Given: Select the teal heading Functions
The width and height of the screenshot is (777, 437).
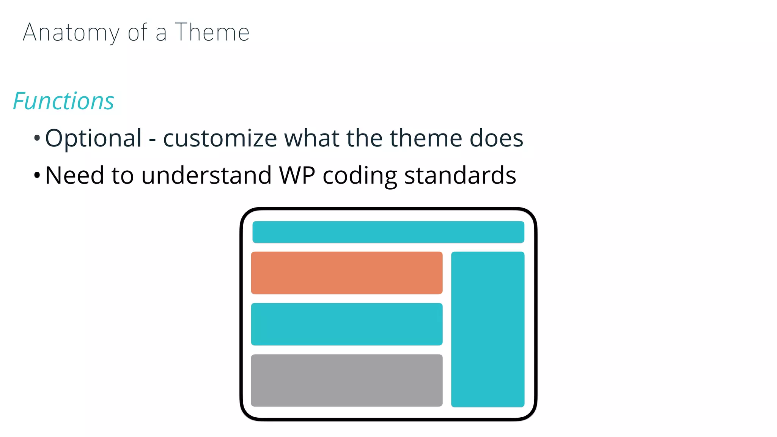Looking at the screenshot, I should pyautogui.click(x=63, y=101).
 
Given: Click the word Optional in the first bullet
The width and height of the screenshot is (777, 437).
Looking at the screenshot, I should pyautogui.click(x=93, y=138).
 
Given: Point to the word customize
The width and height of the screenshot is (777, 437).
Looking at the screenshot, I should pyautogui.click(x=220, y=138).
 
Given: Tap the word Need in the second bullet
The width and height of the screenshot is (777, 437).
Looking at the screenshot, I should pyautogui.click(x=74, y=175).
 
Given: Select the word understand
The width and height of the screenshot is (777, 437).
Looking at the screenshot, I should pyautogui.click(x=206, y=175).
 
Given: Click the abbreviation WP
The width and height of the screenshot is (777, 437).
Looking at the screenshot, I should pyautogui.click(x=297, y=175).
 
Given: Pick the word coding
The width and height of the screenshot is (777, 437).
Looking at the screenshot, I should pyautogui.click(x=360, y=176).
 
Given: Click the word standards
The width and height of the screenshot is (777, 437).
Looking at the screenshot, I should pyautogui.click(x=460, y=175).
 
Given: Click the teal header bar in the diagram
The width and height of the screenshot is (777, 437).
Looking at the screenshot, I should pyautogui.click(x=388, y=232).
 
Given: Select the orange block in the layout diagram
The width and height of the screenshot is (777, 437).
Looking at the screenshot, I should pyautogui.click(x=347, y=273).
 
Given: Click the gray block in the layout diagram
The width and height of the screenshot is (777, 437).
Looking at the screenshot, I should pyautogui.click(x=347, y=380).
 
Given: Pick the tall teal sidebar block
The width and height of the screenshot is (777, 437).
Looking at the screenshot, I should pyautogui.click(x=488, y=329).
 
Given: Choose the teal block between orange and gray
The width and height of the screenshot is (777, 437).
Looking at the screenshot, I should pyautogui.click(x=347, y=324).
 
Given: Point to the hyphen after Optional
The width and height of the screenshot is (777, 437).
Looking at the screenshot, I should pyautogui.click(x=152, y=140).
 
